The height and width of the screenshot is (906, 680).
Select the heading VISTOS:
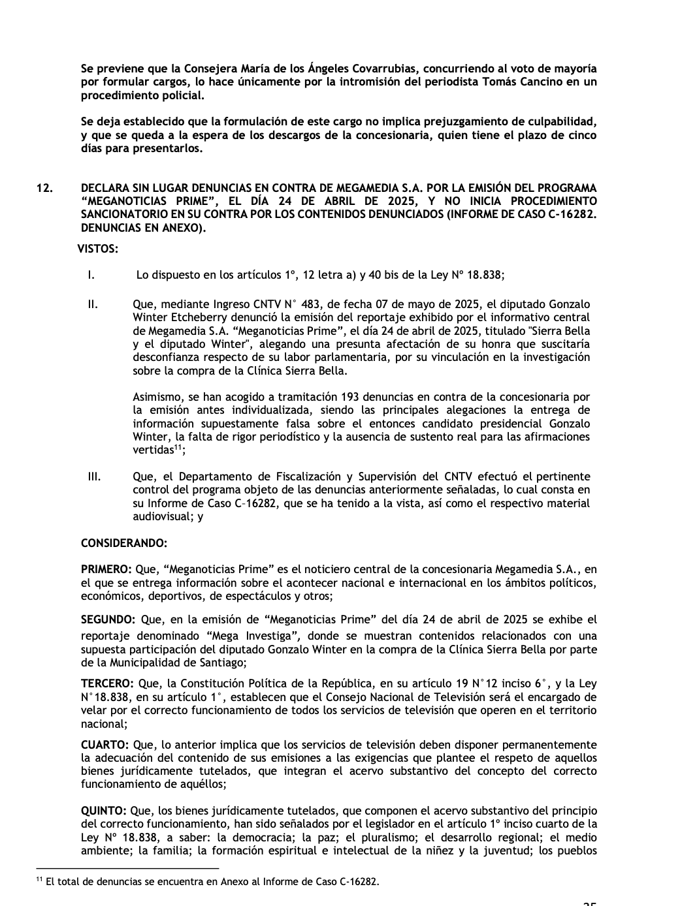click(98, 249)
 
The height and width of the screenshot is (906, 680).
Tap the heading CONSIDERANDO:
click(124, 543)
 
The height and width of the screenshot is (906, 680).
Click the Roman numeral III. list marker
click(94, 476)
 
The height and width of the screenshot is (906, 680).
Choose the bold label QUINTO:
click(104, 811)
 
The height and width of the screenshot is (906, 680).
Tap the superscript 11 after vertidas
click(177, 448)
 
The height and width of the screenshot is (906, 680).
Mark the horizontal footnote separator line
click(127, 869)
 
